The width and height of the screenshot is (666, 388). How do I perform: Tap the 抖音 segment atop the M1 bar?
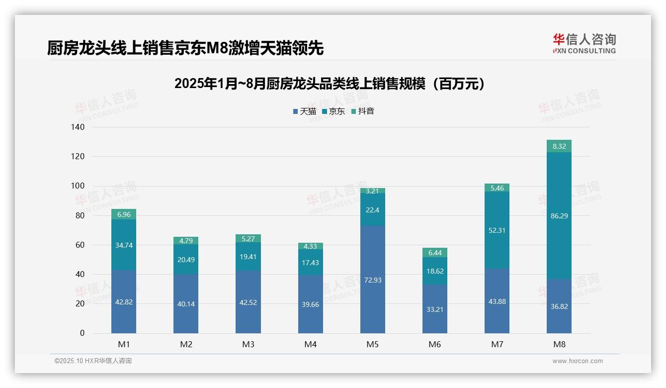coord(124,214)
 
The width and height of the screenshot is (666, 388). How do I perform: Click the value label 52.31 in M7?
coord(497,230)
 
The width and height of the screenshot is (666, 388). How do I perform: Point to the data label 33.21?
coord(435,309)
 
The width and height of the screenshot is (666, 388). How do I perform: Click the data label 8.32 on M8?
coord(559,146)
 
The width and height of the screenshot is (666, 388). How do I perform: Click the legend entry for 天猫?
coord(304,111)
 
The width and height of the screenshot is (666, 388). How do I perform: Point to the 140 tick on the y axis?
coord(79,127)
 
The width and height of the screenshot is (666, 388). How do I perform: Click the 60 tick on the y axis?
coord(80,245)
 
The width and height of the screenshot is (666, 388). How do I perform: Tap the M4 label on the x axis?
coord(310,344)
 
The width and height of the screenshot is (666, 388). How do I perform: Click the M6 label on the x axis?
coord(435,344)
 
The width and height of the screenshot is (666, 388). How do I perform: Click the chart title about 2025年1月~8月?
coord(330,84)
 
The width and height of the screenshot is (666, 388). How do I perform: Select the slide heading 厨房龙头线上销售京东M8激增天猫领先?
coord(185,48)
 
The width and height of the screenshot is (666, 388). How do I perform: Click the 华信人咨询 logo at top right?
coord(584,43)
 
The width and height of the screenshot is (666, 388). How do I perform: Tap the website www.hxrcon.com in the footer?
coord(577,361)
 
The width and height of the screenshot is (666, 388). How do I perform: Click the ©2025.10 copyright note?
coord(93,361)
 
